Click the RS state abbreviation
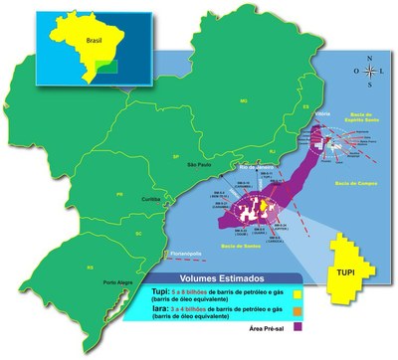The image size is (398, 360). point(62,267)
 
